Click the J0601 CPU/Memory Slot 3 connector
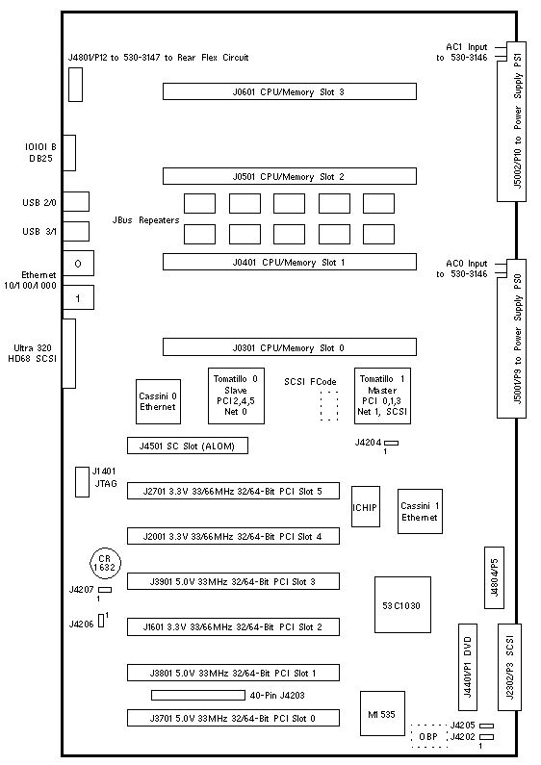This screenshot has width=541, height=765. [x=290, y=91]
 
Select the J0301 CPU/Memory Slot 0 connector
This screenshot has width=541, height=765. [x=290, y=347]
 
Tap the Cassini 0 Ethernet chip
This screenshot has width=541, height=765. [x=158, y=401]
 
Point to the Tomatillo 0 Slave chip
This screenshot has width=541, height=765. [x=236, y=395]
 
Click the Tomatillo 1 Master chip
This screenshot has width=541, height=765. [x=382, y=395]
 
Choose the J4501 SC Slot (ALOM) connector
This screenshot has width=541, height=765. [x=188, y=446]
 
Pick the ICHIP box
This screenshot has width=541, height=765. [x=366, y=506]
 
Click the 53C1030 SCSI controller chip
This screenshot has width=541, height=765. [x=402, y=605]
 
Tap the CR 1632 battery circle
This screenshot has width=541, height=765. [x=105, y=564]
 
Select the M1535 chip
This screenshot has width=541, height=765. [x=383, y=713]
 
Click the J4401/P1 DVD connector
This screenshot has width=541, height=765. [x=468, y=667]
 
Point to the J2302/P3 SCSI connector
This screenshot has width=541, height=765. [x=510, y=667]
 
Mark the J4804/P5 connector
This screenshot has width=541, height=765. [x=494, y=577]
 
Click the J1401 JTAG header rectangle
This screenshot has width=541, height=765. [x=82, y=482]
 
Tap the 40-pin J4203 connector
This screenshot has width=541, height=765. [x=198, y=695]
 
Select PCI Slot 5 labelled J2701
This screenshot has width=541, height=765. [x=233, y=491]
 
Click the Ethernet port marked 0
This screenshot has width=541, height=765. [x=78, y=264]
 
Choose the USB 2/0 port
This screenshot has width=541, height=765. [x=76, y=201]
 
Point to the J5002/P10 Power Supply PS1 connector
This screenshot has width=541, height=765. [x=512, y=121]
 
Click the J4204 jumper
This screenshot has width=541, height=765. [x=392, y=443]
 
